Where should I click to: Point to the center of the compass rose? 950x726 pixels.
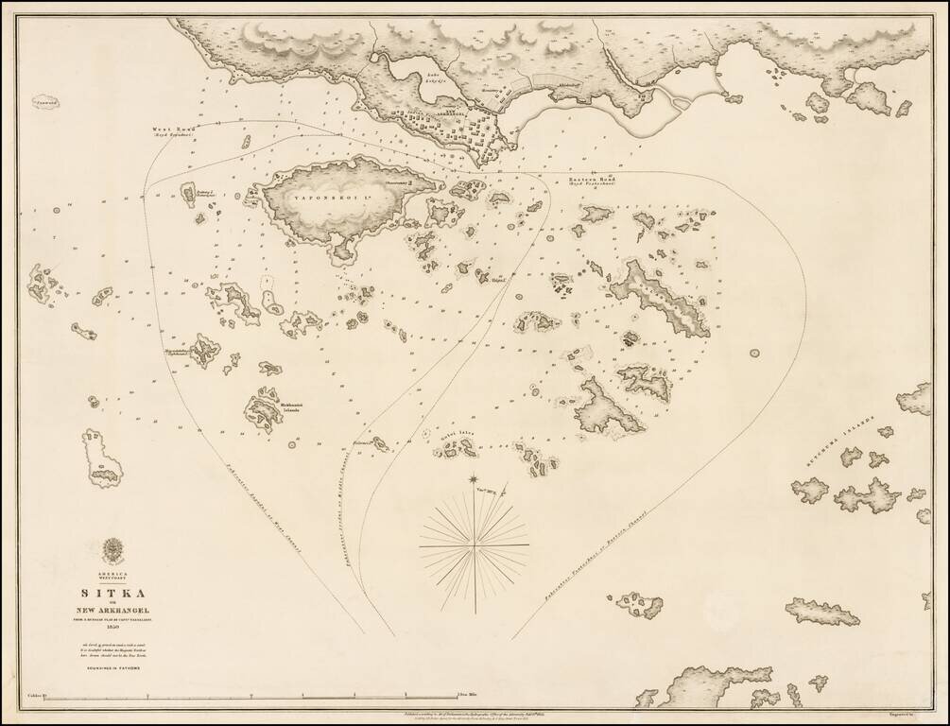(x=474, y=545)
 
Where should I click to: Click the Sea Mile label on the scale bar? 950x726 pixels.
(x=469, y=696)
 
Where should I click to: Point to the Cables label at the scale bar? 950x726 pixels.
(x=36, y=696)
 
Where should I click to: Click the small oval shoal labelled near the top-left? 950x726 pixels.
(x=45, y=102)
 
